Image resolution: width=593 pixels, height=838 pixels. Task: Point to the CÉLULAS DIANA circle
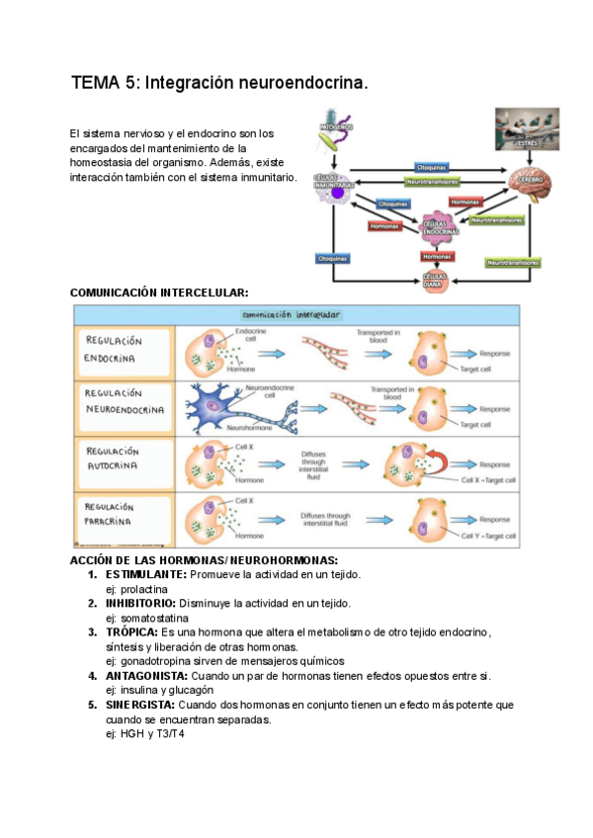click(436, 280)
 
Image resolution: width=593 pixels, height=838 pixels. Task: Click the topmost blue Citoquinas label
click(432, 167)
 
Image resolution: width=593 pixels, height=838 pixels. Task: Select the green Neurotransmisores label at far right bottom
click(512, 263)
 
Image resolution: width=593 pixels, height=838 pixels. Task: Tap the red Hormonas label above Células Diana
click(437, 256)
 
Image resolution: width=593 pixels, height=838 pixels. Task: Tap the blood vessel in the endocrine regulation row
click(324, 351)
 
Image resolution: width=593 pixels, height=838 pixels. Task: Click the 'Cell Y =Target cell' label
click(488, 536)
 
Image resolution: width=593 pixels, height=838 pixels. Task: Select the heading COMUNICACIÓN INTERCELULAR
click(159, 293)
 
